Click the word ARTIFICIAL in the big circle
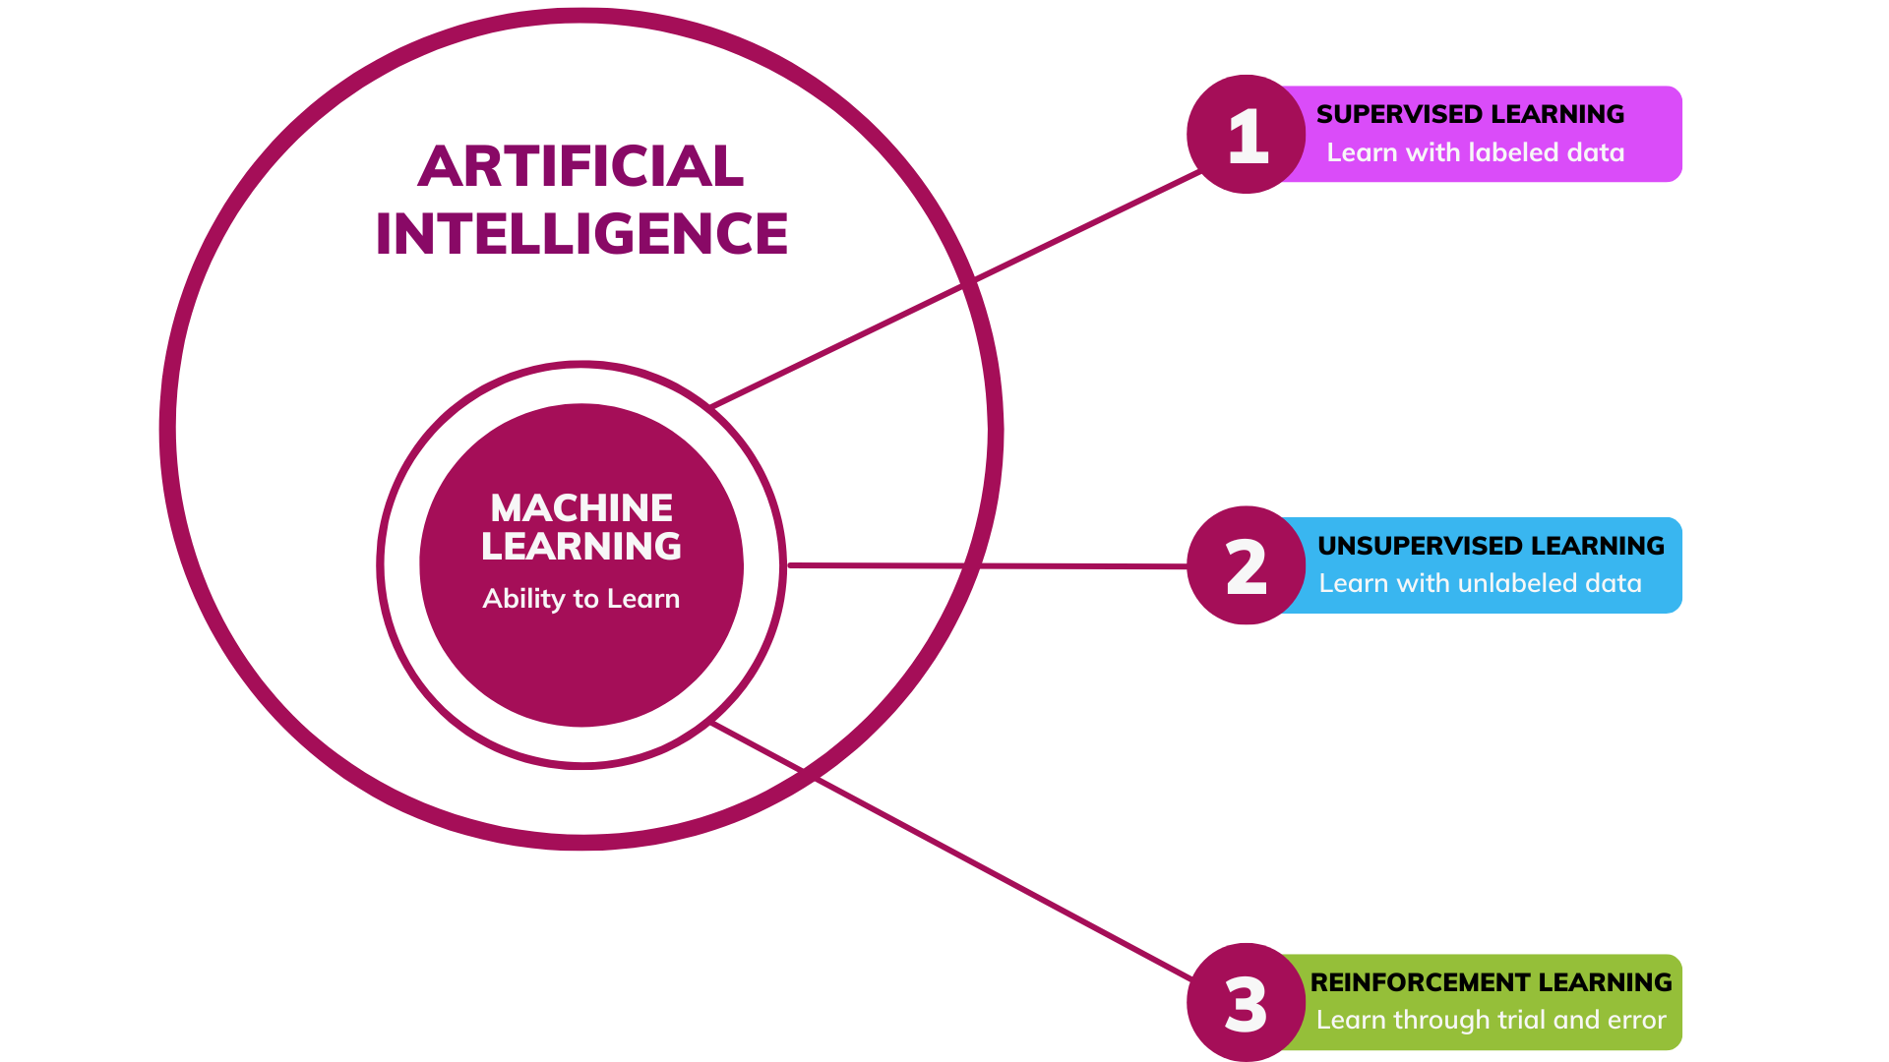coord(580,166)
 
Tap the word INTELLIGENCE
coord(581,234)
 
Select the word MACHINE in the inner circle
coord(581,508)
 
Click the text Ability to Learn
coord(580,598)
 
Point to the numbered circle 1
coord(1246,135)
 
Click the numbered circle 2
coord(1246,566)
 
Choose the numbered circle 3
coord(1246,1003)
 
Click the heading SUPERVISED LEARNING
coord(1470,114)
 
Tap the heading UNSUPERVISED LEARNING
coord(1491,546)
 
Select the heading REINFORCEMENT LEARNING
coord(1491,982)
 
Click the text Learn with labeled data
coord(1475,152)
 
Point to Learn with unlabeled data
coord(1480,583)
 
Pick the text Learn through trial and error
coord(1491,1020)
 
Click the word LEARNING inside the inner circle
coord(581,547)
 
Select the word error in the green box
coord(1637,1020)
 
